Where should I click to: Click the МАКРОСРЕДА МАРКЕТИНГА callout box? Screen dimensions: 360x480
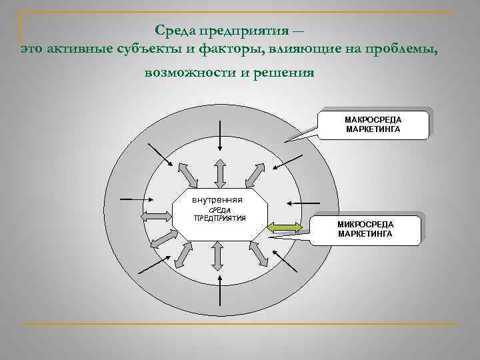point(373,123)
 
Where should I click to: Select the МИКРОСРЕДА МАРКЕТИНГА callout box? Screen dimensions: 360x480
point(365,229)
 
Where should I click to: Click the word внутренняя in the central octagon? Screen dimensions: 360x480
point(217,200)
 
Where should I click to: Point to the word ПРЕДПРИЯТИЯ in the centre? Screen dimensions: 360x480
point(219,218)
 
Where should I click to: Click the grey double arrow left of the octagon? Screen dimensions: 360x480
point(155,215)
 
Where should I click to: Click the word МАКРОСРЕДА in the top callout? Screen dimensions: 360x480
point(373,119)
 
